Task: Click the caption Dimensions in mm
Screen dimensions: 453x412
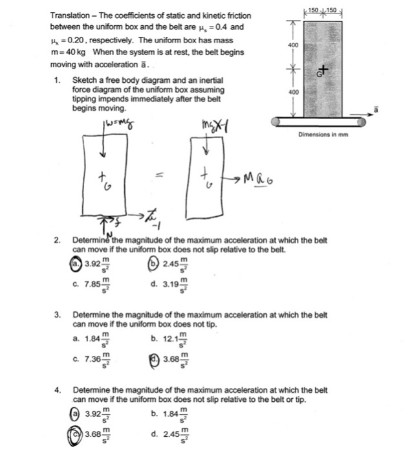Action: point(325,135)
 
